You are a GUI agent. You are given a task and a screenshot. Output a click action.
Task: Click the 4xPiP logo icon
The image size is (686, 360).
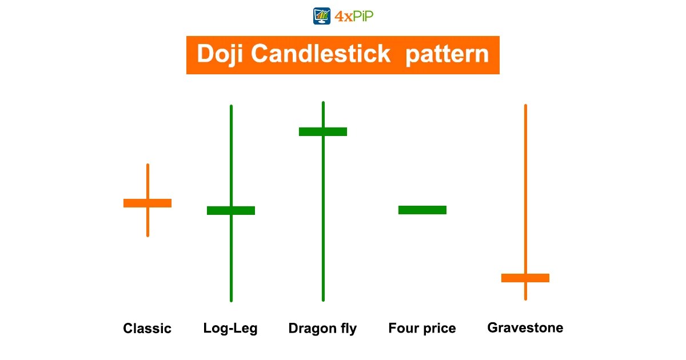[x=322, y=16]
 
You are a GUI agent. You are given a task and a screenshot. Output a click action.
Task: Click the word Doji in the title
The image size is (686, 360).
[x=221, y=54]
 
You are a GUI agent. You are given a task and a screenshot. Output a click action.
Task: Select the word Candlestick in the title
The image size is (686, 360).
[x=321, y=54]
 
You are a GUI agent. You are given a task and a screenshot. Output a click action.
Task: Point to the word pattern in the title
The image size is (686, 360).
[x=447, y=55]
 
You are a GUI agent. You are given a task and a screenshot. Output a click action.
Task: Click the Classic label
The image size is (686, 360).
[x=147, y=329]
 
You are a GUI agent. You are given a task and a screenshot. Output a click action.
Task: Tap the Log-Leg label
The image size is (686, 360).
[x=230, y=329]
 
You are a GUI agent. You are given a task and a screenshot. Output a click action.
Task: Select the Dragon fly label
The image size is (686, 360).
[x=322, y=329]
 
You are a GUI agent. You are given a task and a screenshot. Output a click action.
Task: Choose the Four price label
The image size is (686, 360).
[x=422, y=329]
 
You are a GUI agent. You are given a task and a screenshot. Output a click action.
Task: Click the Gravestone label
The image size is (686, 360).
[x=525, y=328]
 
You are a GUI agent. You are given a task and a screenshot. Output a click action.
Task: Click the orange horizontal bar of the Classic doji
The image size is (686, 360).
[x=147, y=203]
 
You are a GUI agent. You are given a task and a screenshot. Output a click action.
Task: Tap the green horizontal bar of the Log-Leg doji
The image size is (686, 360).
[x=231, y=210]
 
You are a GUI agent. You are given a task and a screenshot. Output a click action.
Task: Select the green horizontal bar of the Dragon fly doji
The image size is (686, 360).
[x=323, y=131]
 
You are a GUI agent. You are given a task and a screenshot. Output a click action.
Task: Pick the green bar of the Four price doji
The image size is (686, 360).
[x=422, y=210]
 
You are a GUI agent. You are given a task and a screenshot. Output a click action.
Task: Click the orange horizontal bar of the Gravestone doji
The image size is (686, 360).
[x=525, y=278]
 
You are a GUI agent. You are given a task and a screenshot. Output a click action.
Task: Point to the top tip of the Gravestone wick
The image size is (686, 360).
[x=525, y=106]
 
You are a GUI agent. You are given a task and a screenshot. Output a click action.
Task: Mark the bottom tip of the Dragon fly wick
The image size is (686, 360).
[x=323, y=299]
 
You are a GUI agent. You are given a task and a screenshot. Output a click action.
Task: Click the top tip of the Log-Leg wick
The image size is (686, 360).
[x=231, y=106]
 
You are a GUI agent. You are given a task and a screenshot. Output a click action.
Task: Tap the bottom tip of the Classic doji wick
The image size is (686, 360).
[x=147, y=235]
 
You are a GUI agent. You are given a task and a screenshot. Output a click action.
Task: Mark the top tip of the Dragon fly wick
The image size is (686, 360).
[x=323, y=103]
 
